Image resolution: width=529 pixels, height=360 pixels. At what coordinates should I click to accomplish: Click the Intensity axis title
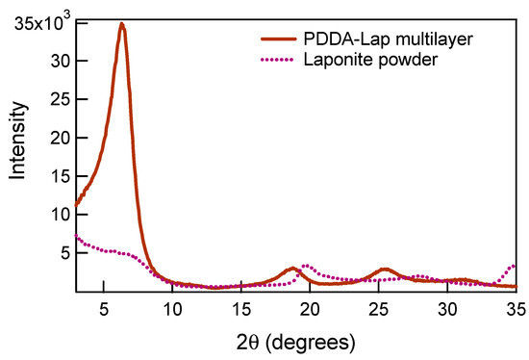point(16,155)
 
